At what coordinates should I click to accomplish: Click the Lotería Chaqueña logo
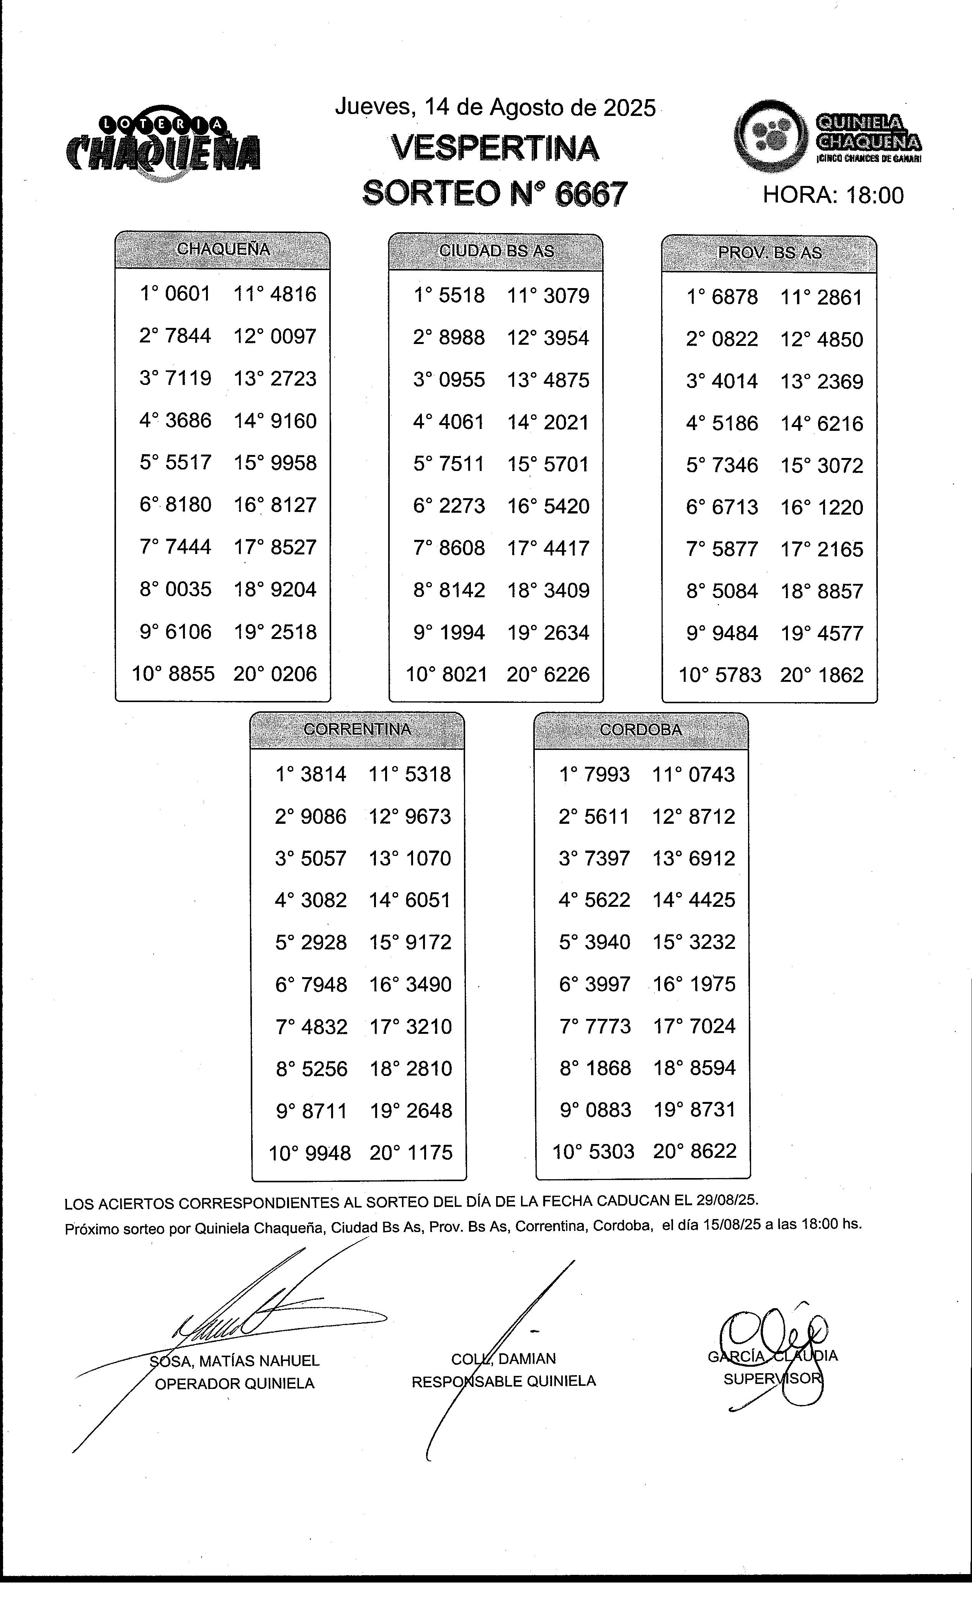pyautogui.click(x=163, y=143)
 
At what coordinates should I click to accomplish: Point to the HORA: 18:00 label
pyautogui.click(x=833, y=195)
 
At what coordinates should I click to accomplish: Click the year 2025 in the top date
pyautogui.click(x=629, y=108)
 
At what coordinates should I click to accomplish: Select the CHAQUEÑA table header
pyautogui.click(x=223, y=249)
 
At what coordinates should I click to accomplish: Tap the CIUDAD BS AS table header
pyautogui.click(x=496, y=251)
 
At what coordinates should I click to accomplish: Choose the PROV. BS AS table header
pyautogui.click(x=770, y=253)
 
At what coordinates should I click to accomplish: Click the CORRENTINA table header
pyautogui.click(x=358, y=729)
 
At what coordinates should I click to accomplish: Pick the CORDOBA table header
pyautogui.click(x=640, y=730)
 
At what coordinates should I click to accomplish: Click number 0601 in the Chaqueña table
pyautogui.click(x=188, y=294)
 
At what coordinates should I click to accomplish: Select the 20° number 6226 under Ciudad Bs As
pyautogui.click(x=565, y=674)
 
